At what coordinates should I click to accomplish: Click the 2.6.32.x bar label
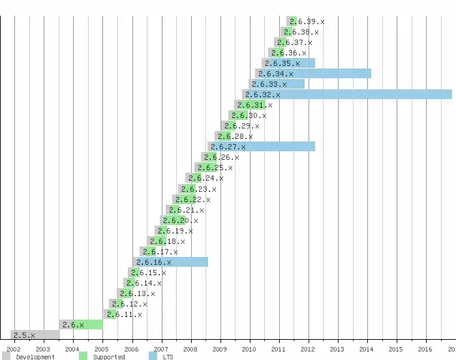coord(263,95)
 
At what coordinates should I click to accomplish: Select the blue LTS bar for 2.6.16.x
coord(189,262)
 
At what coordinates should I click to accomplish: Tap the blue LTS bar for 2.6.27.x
coord(281,147)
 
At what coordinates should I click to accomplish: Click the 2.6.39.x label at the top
coord(307,22)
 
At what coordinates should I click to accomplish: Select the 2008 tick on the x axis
coord(190,350)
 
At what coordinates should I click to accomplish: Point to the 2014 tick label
coord(367,350)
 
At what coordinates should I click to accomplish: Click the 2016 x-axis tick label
coord(425,350)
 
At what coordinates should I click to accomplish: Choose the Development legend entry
coord(35,357)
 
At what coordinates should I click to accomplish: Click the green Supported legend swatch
coord(83,356)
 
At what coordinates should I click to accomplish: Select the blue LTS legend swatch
coord(153,356)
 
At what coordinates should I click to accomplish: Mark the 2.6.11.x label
coord(125,314)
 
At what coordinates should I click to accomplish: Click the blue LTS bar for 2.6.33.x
coord(294,84)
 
